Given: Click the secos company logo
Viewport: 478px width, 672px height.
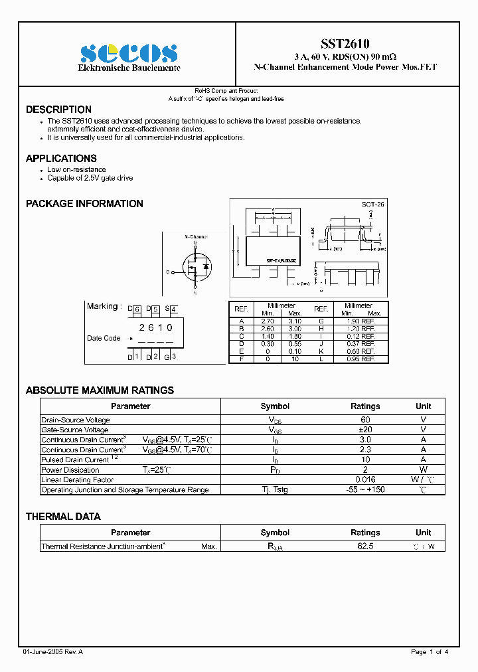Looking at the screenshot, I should click(129, 52).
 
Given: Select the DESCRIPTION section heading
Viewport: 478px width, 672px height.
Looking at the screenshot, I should click(58, 110).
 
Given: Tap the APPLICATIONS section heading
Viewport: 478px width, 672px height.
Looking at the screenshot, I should click(61, 159).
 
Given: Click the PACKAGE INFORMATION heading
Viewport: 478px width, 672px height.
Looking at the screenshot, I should click(84, 204).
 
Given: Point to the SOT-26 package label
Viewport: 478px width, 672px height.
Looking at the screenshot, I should click(373, 205).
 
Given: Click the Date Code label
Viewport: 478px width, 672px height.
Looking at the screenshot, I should click(104, 338).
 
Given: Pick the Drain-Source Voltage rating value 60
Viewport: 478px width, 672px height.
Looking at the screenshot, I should click(365, 420).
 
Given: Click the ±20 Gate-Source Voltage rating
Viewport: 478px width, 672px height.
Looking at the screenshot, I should click(365, 430).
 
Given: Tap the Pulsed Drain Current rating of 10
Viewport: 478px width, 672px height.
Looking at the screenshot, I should click(365, 460).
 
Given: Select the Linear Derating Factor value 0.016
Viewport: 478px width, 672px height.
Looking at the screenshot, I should click(365, 479).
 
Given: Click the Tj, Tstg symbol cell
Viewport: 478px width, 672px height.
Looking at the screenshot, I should click(275, 489).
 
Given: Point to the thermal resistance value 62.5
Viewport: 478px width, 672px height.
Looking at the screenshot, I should click(365, 546).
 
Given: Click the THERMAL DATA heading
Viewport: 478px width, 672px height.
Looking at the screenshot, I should click(63, 517).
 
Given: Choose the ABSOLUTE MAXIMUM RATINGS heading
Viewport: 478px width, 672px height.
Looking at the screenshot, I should click(100, 390).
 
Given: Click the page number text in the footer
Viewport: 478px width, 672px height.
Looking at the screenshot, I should click(430, 652).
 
